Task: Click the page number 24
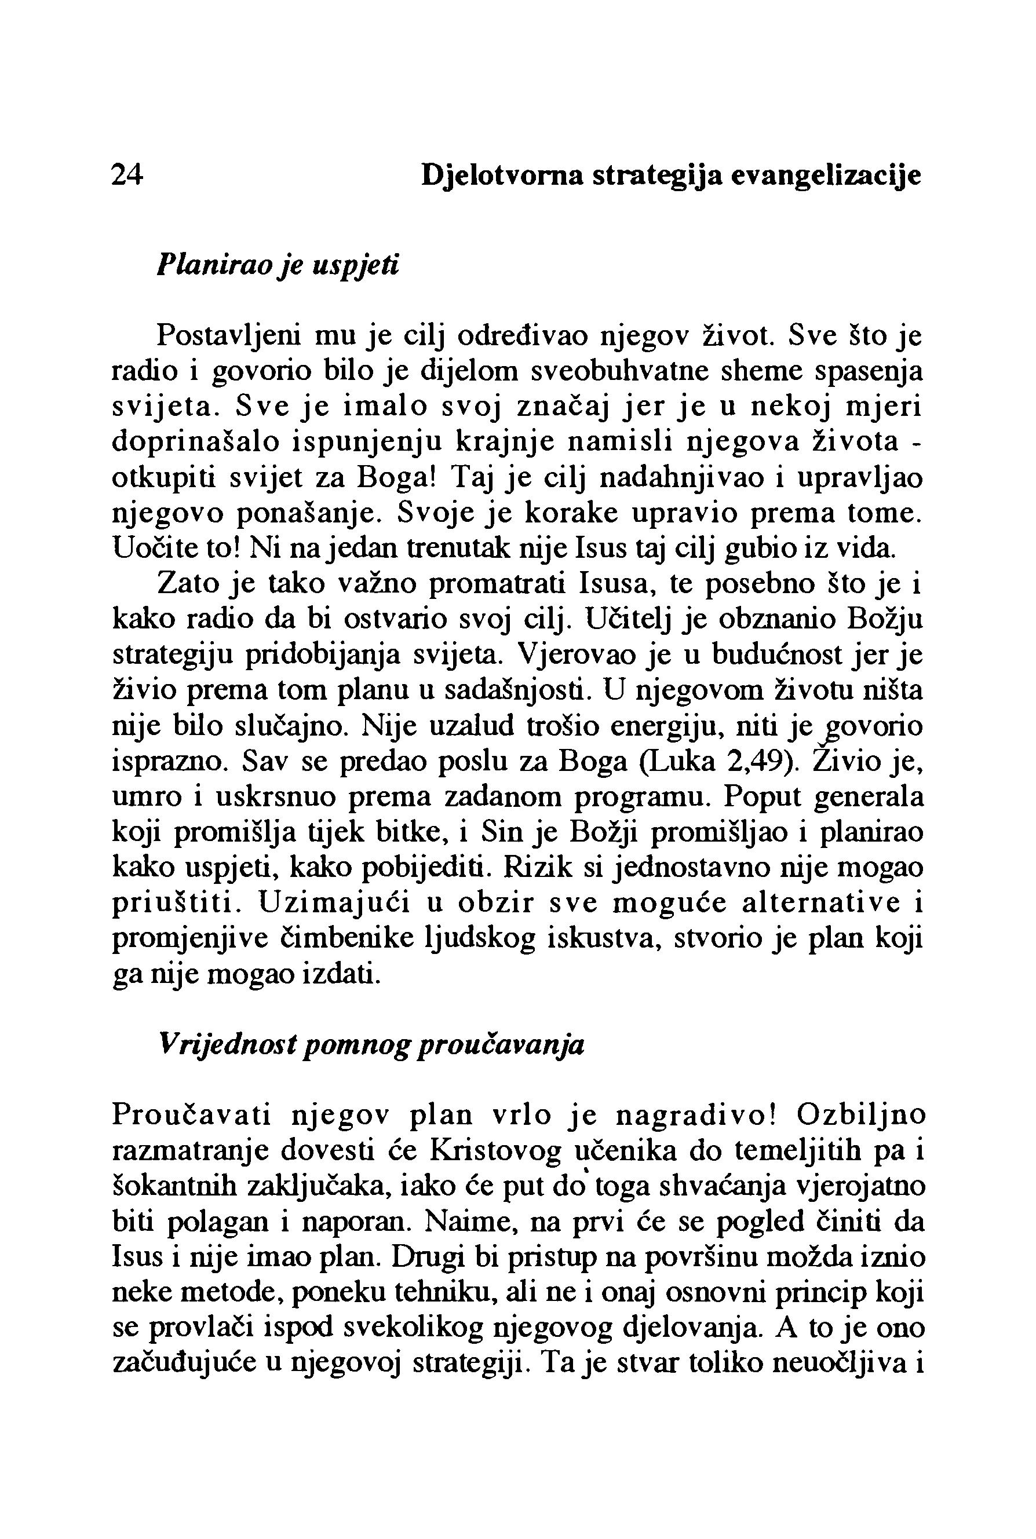(x=127, y=175)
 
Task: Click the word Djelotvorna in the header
(x=502, y=176)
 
